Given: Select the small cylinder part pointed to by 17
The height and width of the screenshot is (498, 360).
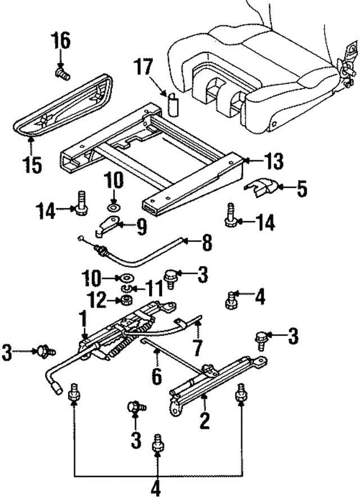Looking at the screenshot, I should click(173, 105).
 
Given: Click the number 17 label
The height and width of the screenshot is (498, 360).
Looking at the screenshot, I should click(144, 68).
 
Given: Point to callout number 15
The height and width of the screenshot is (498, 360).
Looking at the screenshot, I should click(33, 165).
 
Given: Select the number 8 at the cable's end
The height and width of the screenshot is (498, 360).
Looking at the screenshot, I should click(206, 243).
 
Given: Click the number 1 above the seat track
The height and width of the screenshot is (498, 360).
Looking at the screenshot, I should click(83, 321).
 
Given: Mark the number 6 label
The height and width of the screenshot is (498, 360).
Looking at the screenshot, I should click(156, 374).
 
